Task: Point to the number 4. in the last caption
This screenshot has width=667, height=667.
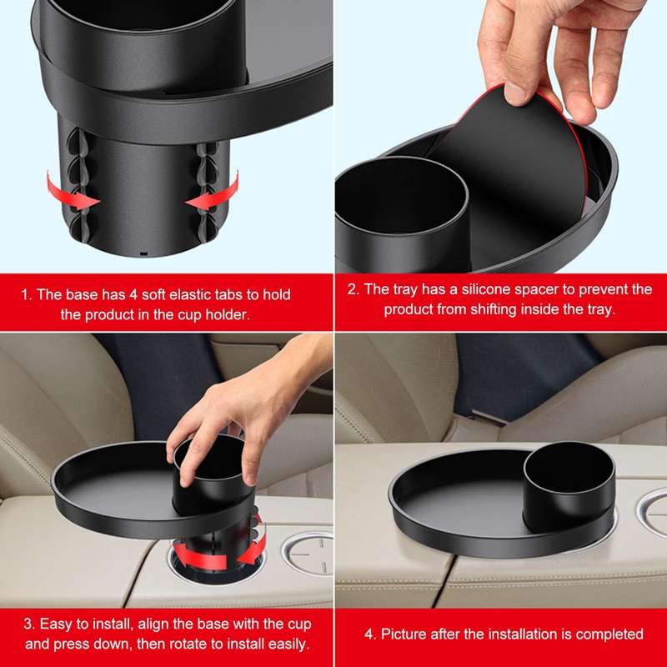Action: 370,634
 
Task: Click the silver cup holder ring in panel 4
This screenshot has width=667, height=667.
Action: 651,509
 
